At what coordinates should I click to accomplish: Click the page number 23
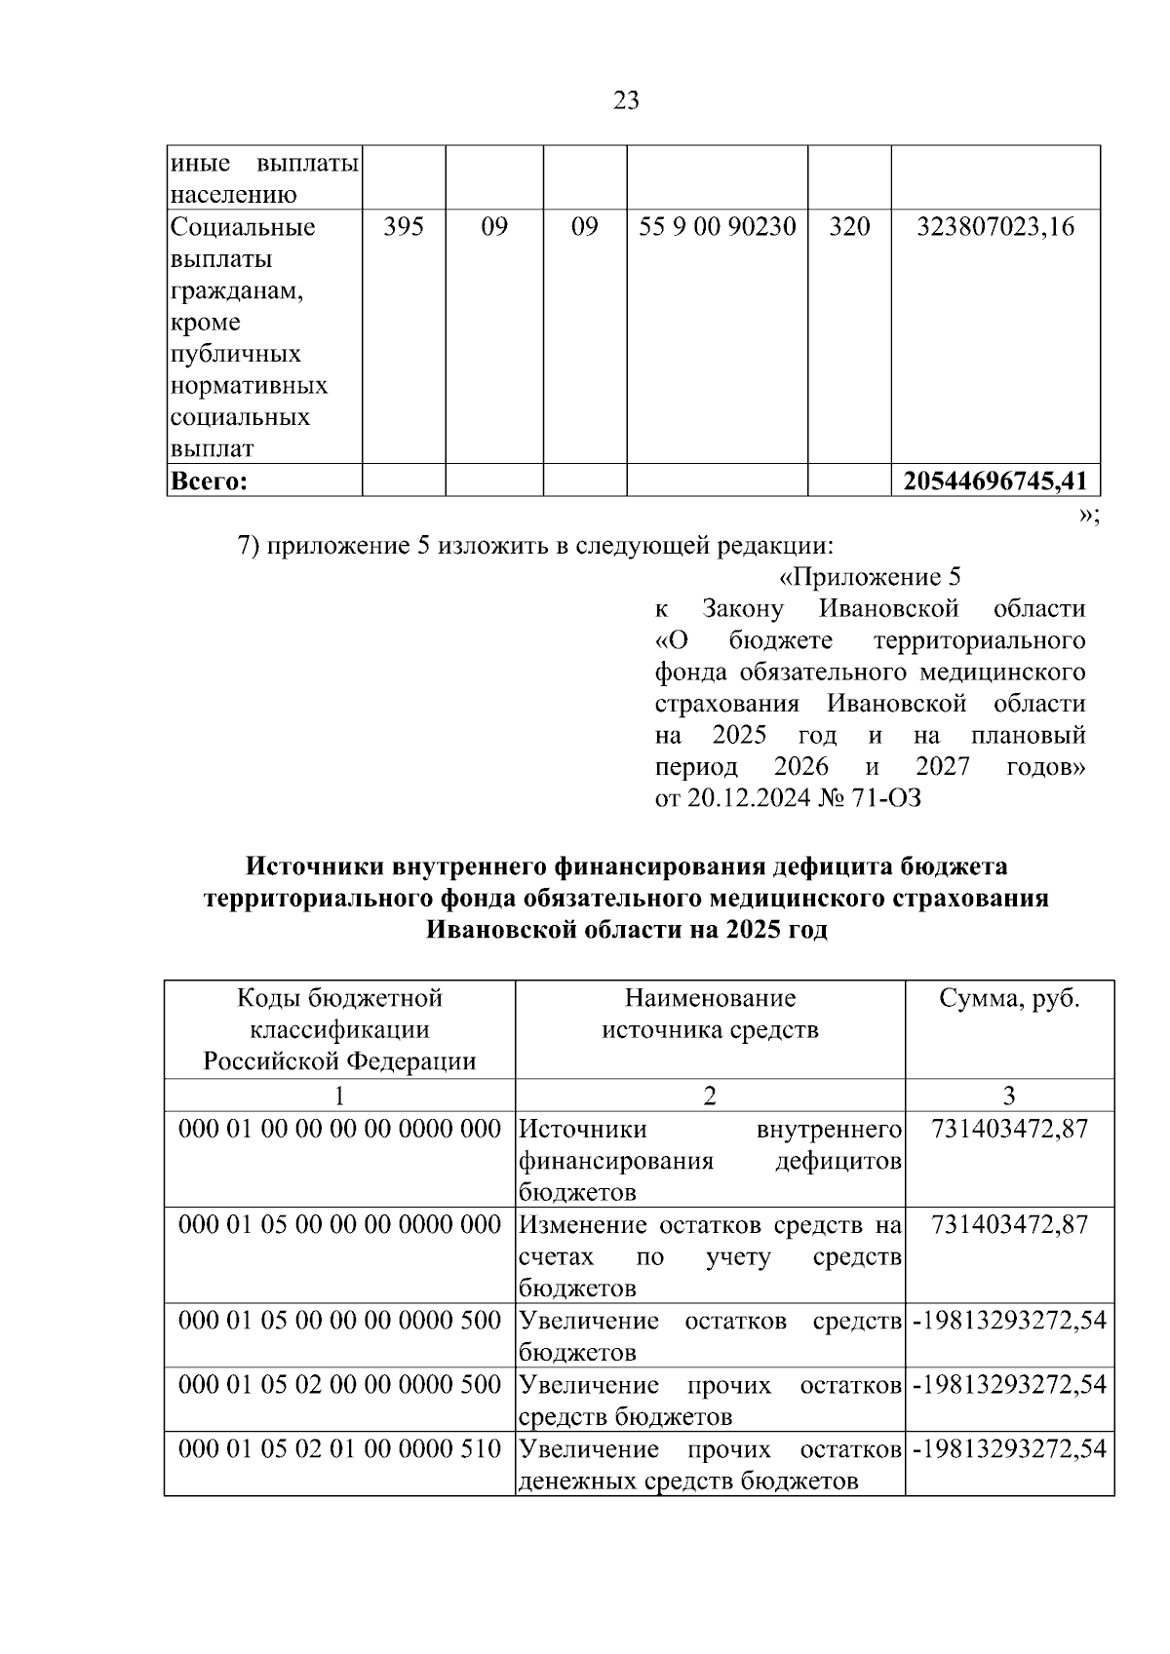(626, 100)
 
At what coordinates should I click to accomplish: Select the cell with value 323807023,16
(995, 227)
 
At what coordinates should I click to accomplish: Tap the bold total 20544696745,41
(995, 481)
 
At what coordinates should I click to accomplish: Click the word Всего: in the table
(209, 481)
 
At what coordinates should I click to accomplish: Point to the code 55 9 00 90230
(717, 227)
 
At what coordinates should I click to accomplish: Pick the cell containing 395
(403, 227)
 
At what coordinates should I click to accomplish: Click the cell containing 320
(848, 227)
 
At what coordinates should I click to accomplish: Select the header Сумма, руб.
(1009, 999)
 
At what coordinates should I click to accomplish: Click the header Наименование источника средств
(710, 1015)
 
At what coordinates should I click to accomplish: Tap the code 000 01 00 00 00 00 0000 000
(339, 1130)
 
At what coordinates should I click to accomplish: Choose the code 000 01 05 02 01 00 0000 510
(339, 1449)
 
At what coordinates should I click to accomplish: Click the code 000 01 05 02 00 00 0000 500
(339, 1385)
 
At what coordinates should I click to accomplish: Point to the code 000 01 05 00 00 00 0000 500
(339, 1321)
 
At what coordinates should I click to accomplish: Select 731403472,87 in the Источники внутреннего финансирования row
(1009, 1130)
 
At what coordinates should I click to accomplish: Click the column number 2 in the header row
(710, 1096)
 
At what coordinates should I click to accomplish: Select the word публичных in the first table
(235, 354)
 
